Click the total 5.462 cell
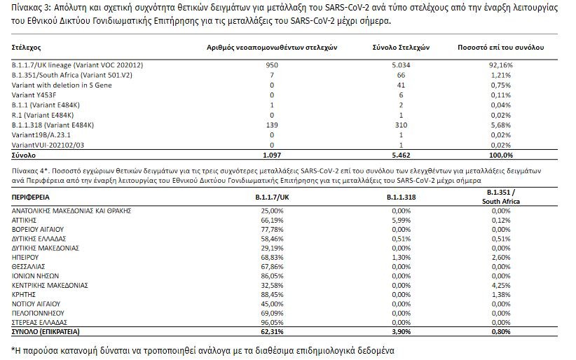(401, 154)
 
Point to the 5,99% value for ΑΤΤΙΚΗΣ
(400, 219)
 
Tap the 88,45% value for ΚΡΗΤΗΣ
(272, 295)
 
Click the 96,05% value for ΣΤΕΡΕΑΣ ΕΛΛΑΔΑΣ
(272, 323)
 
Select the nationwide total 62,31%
(272, 332)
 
